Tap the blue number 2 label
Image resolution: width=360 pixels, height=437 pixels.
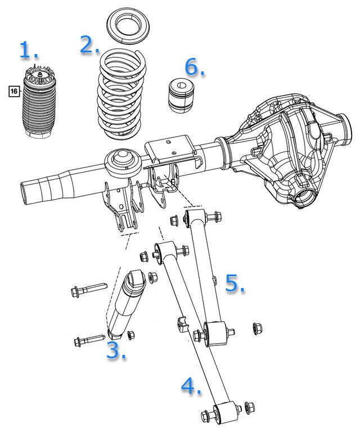tap(89, 45)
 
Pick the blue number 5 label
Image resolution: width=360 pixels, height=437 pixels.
tap(234, 283)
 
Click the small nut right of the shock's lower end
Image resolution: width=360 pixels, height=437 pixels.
tap(131, 335)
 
